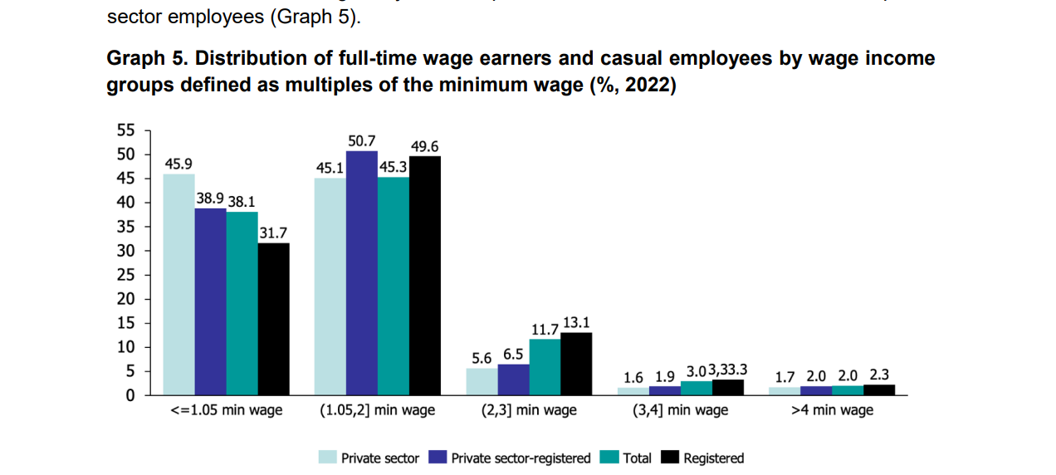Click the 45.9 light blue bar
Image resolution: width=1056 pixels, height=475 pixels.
(x=178, y=284)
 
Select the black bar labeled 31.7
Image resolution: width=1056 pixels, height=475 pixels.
(x=273, y=319)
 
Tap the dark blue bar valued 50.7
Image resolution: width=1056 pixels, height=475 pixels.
(x=361, y=272)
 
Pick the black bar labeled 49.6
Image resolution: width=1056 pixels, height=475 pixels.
(x=424, y=275)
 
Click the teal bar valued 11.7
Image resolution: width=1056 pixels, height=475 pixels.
(x=544, y=367)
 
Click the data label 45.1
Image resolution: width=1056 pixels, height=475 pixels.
(x=330, y=168)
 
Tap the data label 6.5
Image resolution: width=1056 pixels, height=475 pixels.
(x=513, y=355)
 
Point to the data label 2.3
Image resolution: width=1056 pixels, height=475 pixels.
(x=879, y=375)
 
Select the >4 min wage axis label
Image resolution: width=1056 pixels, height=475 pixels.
(x=832, y=410)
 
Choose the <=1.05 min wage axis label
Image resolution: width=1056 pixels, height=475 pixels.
(x=226, y=410)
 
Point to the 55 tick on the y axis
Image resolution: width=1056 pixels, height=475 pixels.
(x=125, y=130)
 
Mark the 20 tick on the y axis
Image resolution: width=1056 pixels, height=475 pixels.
(x=125, y=299)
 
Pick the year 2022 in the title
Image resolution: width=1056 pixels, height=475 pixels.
(x=647, y=86)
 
